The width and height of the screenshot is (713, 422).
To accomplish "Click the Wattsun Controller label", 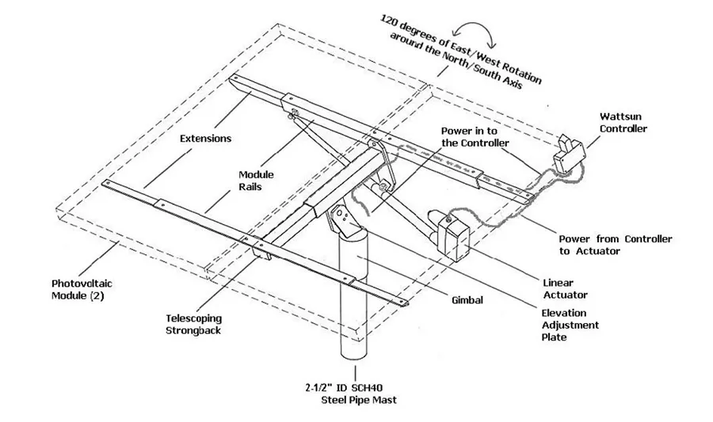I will [x=623, y=121].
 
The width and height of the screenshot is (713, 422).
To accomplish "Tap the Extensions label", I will [x=205, y=139].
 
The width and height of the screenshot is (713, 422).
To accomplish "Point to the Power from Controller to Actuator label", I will [x=616, y=245].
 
